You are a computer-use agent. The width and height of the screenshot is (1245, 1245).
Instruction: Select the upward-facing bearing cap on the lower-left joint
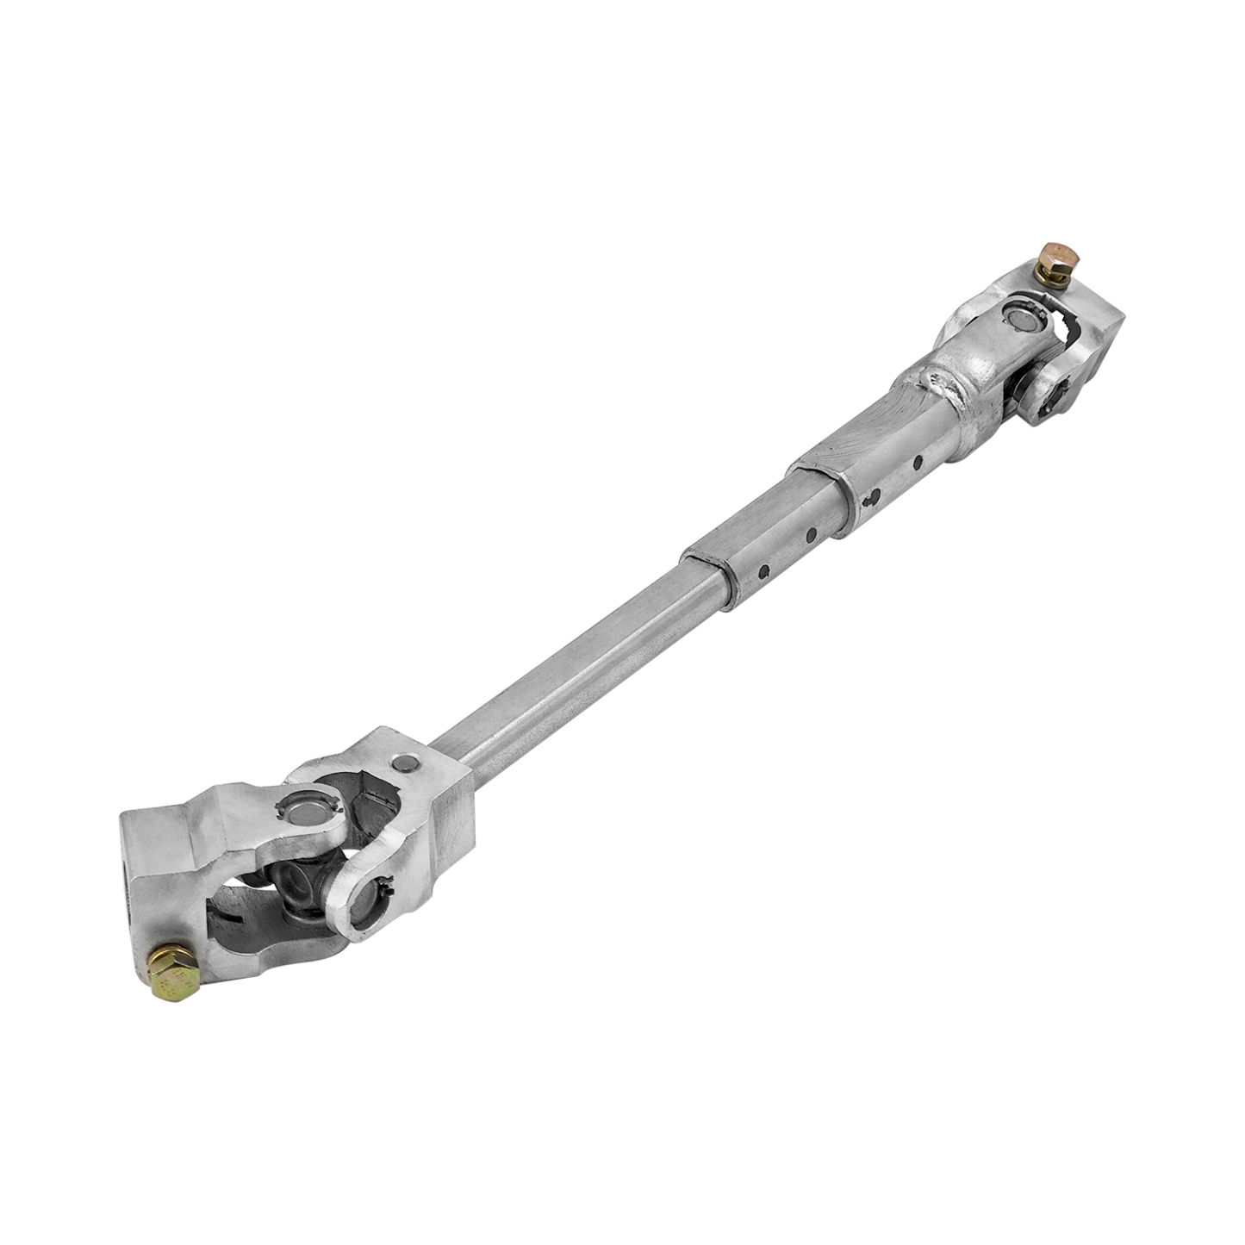[301, 807]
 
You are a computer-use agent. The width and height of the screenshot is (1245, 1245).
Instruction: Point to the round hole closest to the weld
[921, 461]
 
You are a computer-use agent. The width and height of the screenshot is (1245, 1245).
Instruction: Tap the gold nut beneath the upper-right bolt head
[1052, 277]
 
